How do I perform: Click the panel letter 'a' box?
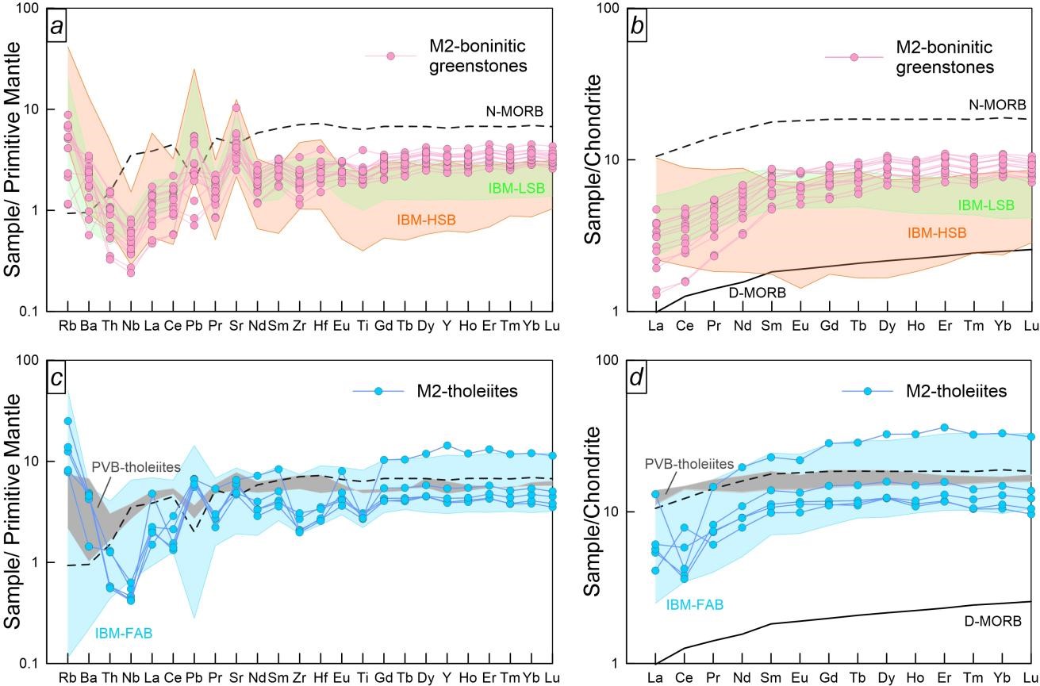point(58,26)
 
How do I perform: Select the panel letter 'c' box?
point(58,379)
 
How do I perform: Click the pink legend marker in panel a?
point(391,56)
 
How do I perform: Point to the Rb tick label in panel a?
point(68,324)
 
